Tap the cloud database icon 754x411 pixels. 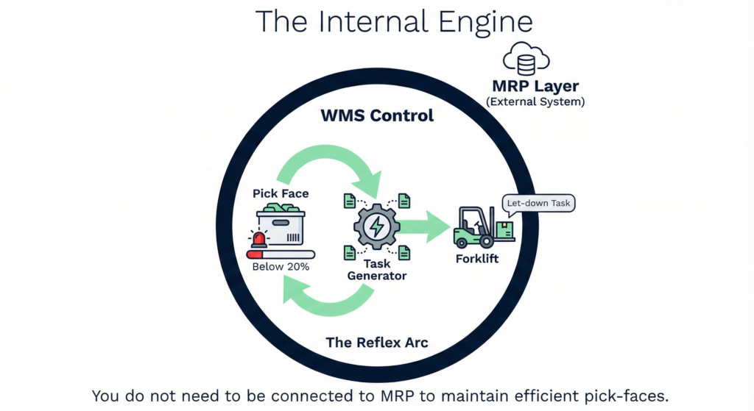click(x=526, y=60)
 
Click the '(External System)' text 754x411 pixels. click(x=536, y=102)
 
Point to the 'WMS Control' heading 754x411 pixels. click(x=377, y=115)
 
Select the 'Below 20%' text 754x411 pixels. click(x=281, y=267)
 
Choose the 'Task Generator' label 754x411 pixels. click(x=376, y=270)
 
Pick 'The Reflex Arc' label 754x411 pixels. click(x=376, y=343)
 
